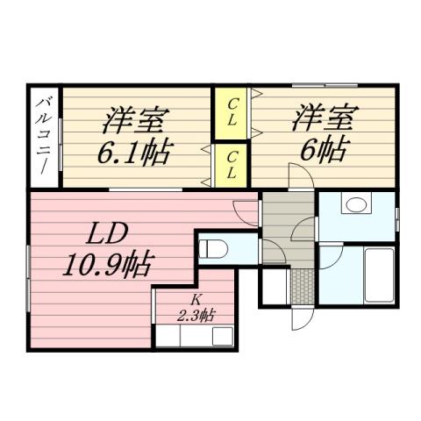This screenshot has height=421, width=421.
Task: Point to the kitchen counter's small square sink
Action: tap(219, 334)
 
